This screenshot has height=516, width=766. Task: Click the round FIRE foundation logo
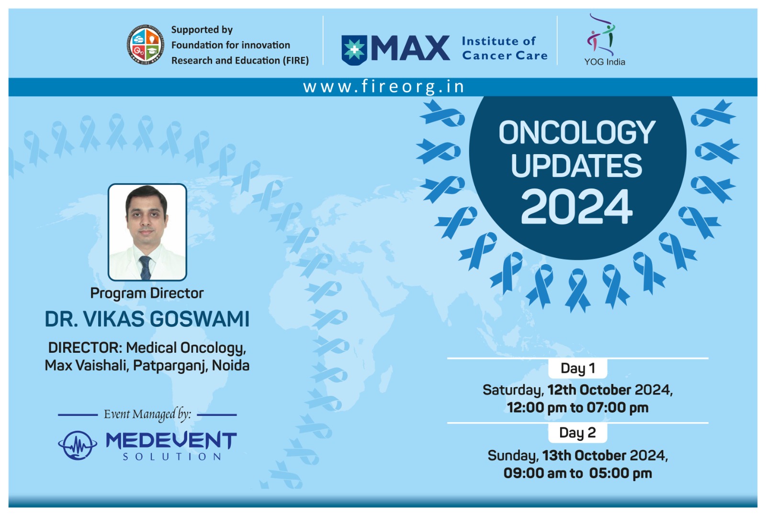pos(146,45)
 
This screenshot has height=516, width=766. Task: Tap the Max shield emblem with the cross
pos(354,50)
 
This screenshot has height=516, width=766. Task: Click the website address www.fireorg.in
pos(383,87)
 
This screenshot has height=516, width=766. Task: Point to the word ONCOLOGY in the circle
pos(577,133)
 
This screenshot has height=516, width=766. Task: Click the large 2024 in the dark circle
pos(576,207)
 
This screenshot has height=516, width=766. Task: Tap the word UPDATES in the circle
pos(576,166)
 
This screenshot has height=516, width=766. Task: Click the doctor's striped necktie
pos(146,268)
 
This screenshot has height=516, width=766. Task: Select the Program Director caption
pos(147,293)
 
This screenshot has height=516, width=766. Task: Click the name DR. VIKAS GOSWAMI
pos(147,319)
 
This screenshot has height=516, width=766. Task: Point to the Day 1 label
pos(577,369)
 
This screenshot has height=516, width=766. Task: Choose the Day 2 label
pos(577,433)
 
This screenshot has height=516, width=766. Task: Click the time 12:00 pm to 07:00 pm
pos(577,408)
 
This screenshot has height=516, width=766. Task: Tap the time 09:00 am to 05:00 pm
pos(577,473)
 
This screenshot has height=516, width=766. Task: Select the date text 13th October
pos(584,456)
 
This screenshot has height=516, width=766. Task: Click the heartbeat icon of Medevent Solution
pos(78,445)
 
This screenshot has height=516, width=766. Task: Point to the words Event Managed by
pos(147,415)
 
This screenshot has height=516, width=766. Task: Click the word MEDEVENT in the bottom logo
pos(171,440)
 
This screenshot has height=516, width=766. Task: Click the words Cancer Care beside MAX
pos(505,56)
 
